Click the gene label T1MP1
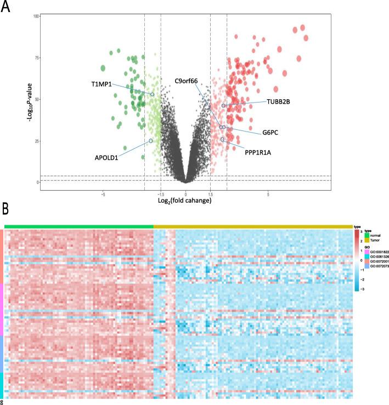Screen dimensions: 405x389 click(x=101, y=84)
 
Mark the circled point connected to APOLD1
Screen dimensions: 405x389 click(x=151, y=141)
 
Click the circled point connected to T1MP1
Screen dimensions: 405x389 click(x=153, y=94)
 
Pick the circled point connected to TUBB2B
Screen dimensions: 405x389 click(x=224, y=105)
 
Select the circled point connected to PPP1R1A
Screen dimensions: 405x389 click(x=223, y=139)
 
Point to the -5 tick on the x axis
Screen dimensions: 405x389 click(x=103, y=194)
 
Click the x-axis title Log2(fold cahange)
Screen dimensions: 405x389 click(x=185, y=201)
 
